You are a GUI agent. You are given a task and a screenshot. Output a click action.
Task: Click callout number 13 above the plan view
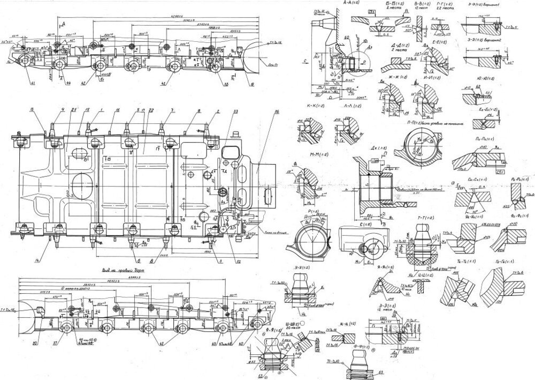[32, 109]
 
